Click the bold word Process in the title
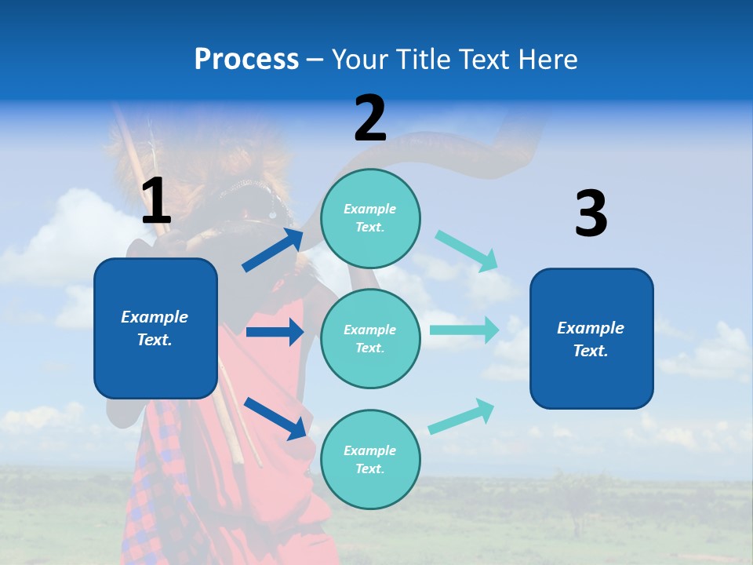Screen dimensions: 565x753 coord(246,60)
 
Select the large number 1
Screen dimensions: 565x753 coord(156,202)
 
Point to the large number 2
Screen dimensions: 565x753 coord(370,118)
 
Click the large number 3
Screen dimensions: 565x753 coord(591,214)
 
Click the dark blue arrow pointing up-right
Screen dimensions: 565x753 coord(273,250)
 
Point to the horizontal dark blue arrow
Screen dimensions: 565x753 coord(275,332)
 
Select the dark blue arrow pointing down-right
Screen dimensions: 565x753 coord(275,417)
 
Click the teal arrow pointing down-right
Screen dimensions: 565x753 coord(467,251)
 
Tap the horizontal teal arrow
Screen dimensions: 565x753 coord(464,329)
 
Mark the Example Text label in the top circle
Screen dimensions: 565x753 coord(370,218)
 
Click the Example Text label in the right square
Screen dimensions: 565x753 coord(591,339)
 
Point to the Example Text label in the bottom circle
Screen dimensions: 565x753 coord(370,460)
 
